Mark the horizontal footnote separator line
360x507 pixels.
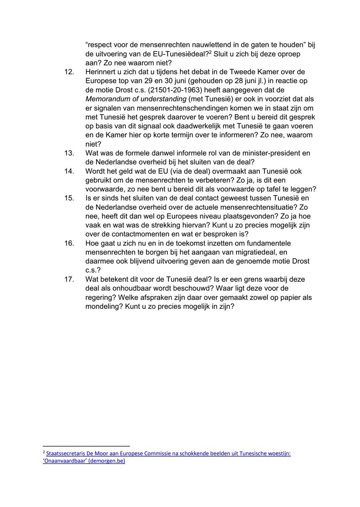pyautogui.click(x=86, y=446)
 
